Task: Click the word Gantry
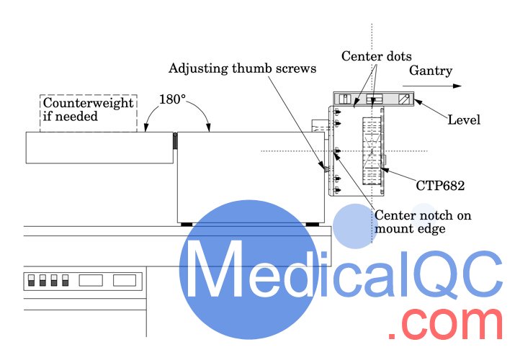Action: [x=431, y=71]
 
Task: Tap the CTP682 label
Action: [x=440, y=185]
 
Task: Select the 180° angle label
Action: [x=172, y=100]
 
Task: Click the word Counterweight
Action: [x=87, y=103]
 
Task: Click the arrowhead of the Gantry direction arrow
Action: [x=457, y=86]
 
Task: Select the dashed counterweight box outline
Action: [x=87, y=95]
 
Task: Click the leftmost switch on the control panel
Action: [x=31, y=279]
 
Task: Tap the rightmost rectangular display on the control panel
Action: [x=125, y=279]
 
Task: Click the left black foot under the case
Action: [x=187, y=224]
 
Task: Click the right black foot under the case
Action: [x=313, y=224]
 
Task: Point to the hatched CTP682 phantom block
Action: [x=372, y=151]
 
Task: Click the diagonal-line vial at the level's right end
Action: [x=405, y=99]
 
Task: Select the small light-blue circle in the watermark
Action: [x=424, y=220]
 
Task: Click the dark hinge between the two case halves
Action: [x=174, y=142]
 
